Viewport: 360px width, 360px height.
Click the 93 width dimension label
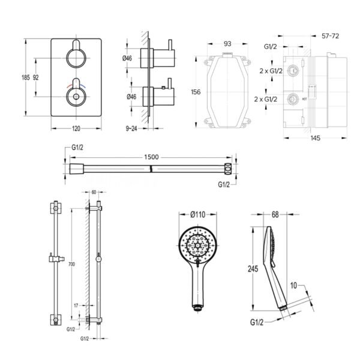pyautogui.click(x=227, y=44)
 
